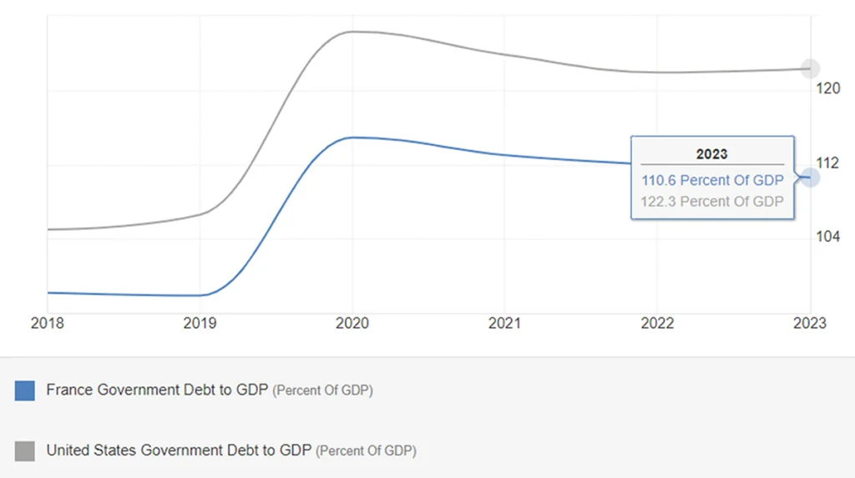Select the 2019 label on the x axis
pos(200,323)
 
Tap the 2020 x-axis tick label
pos(352,323)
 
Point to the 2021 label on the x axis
pos(504,323)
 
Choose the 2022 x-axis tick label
pos(657,323)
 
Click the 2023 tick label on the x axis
pos(809,323)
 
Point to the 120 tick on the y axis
pos(827,88)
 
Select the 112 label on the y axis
pos(827,163)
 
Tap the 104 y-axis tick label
pos(827,236)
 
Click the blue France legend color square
pos(25,390)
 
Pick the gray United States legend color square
pos(25,451)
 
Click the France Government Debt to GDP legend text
pos(159,390)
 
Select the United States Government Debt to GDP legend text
pos(179,450)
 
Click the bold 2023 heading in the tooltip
pos(711,154)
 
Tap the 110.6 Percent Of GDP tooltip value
pos(712,180)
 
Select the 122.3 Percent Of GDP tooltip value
pos(712,201)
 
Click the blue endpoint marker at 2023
pos(809,177)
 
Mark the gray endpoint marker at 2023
pos(809,68)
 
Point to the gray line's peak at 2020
pos(352,32)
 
